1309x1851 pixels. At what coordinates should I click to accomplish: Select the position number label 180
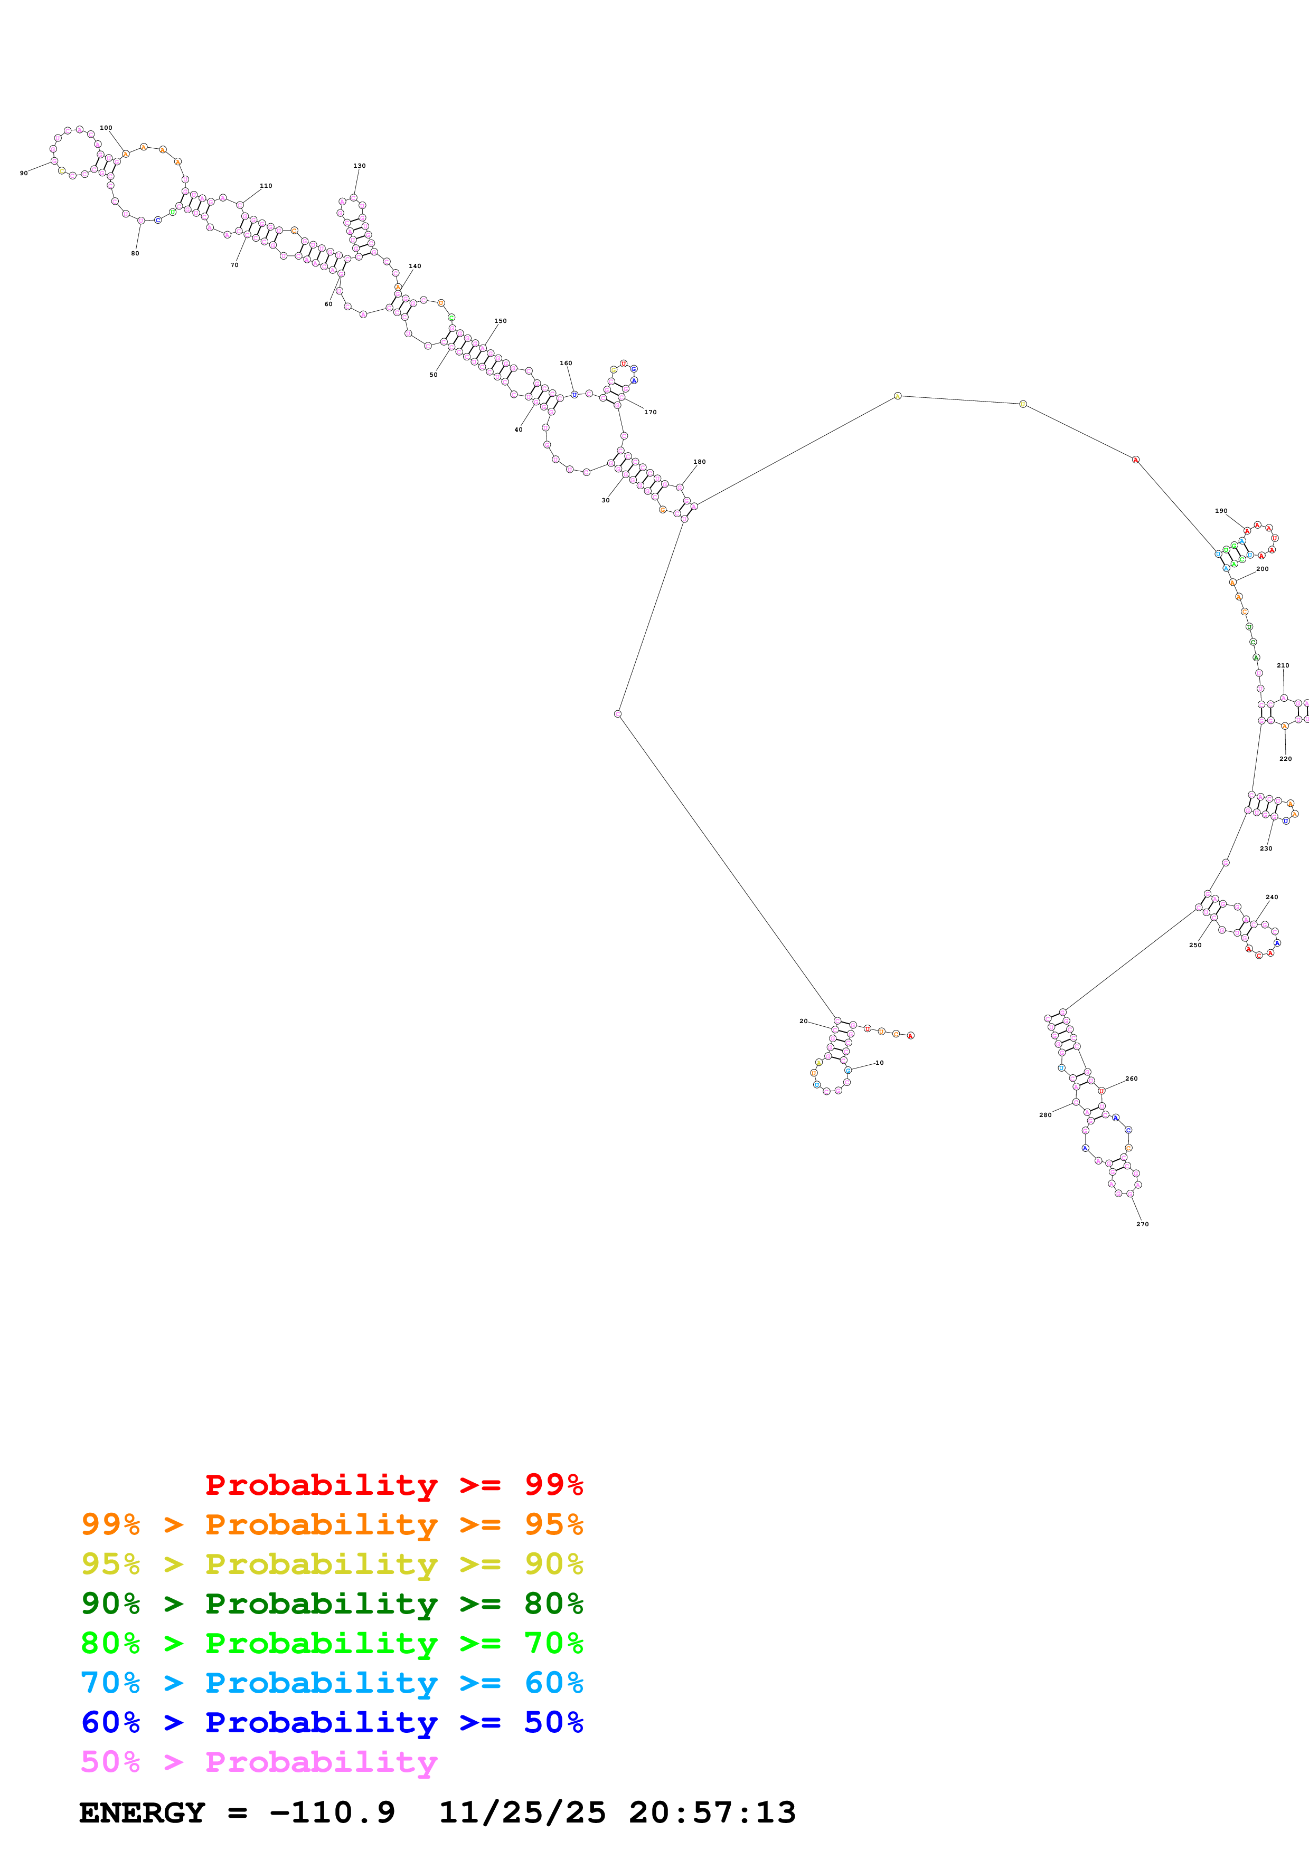[x=699, y=462]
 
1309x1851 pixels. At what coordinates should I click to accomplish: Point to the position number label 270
[x=1142, y=1224]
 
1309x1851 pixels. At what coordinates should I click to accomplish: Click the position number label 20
[x=803, y=1020]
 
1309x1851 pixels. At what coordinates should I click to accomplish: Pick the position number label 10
[x=879, y=1063]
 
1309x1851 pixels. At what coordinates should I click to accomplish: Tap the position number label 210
[x=1283, y=665]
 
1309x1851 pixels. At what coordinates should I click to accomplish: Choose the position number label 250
[x=1195, y=945]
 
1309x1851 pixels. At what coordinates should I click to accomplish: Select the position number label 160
[x=566, y=363]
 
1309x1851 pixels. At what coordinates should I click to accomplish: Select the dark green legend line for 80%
[x=332, y=1604]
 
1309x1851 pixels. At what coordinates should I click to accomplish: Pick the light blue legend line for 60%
[x=332, y=1683]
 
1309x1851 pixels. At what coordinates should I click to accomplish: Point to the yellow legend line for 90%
[x=332, y=1564]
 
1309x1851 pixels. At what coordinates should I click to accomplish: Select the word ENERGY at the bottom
[x=142, y=1812]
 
